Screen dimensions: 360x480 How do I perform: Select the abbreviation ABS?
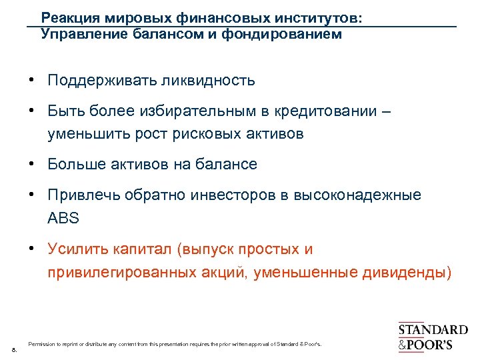pyautogui.click(x=63, y=217)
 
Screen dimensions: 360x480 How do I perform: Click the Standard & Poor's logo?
pyautogui.click(x=433, y=337)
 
